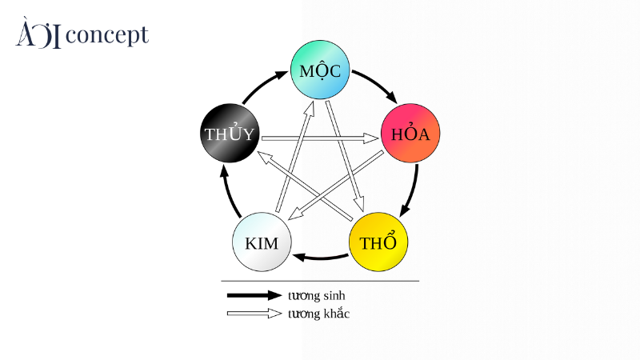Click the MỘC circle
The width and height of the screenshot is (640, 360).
point(321,70)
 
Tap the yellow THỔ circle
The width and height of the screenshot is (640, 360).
point(378,242)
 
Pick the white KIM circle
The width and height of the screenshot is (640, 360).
point(262,242)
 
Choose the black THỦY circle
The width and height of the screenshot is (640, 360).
point(229,134)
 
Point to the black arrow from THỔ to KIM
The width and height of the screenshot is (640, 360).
point(320,258)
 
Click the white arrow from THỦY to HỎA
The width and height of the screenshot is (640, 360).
point(320,138)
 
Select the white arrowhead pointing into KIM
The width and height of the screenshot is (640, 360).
point(294,212)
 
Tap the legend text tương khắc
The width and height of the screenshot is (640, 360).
point(318,314)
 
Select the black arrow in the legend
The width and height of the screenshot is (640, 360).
point(254,295)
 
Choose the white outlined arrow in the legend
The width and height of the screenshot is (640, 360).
point(254,314)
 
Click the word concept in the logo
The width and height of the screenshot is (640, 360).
point(108,35)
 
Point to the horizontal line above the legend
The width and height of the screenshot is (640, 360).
point(320,281)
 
